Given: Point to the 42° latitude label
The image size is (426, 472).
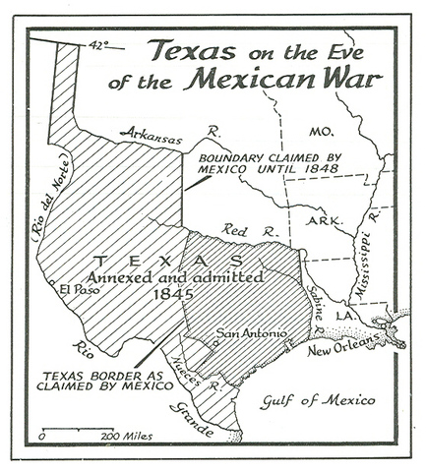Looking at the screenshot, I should pyautogui.click(x=95, y=44).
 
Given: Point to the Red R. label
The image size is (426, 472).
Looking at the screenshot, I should pyautogui.click(x=240, y=230).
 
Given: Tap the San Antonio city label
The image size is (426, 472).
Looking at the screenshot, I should pyautogui.click(x=250, y=333).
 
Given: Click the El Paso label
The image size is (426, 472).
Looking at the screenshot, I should pyautogui.click(x=75, y=289).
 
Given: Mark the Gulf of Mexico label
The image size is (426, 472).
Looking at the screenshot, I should pyautogui.click(x=320, y=400).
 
